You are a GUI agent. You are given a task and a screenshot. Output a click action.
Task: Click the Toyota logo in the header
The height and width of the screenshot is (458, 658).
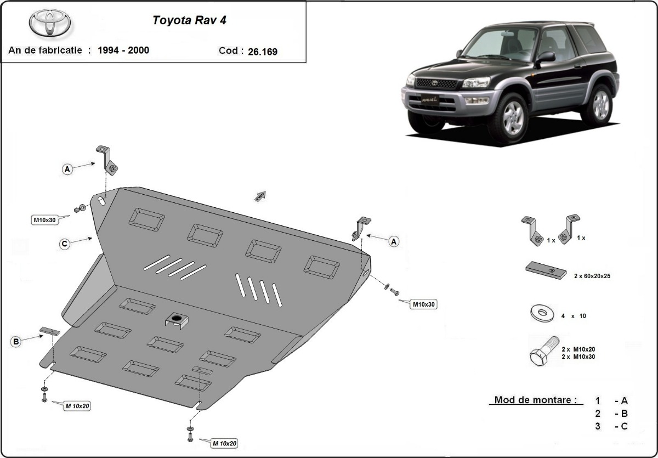(x=50, y=23)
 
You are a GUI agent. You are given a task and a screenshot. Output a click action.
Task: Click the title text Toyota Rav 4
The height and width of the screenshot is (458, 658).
(x=189, y=21)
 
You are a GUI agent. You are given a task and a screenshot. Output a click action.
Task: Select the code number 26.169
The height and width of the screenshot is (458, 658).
(x=262, y=52)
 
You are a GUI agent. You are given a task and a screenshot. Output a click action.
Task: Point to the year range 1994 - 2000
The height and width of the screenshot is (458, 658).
(x=123, y=50)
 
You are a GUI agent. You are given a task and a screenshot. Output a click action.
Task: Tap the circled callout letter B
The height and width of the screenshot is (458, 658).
(x=16, y=342)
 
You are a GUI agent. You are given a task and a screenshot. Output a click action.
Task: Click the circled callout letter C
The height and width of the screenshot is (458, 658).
(x=65, y=244)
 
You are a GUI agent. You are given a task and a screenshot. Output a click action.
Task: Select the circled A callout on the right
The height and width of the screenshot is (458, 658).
(x=393, y=241)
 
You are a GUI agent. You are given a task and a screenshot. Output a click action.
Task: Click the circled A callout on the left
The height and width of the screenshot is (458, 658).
(x=67, y=169)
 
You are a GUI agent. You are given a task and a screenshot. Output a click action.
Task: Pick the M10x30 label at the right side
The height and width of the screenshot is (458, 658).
(x=424, y=304)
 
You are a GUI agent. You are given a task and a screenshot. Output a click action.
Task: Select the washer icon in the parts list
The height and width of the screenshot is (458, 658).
(x=542, y=314)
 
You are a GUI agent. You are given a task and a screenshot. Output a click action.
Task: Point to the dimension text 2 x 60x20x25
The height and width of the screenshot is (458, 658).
(x=592, y=276)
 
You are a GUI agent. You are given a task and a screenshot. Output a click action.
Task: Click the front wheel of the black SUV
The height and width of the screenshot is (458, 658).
(x=507, y=117)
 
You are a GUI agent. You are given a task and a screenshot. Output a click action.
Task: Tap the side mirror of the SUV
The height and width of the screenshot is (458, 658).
(x=546, y=57)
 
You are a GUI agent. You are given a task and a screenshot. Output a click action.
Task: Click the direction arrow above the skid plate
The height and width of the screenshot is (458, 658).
(x=260, y=196)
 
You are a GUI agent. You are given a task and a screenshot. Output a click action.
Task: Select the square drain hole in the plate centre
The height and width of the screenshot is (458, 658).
(x=177, y=320)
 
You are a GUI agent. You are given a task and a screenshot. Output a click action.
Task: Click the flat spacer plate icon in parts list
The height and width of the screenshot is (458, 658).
(x=546, y=270)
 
